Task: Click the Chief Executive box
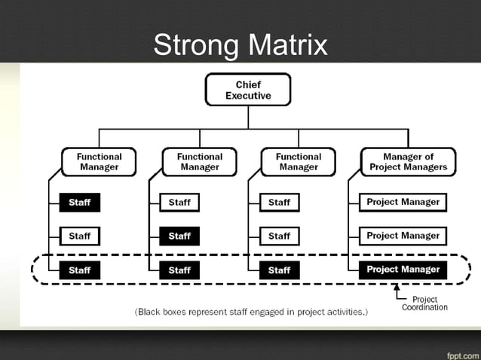(x=248, y=90)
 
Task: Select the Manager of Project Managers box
(x=408, y=162)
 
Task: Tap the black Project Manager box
(x=403, y=270)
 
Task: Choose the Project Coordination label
(x=424, y=304)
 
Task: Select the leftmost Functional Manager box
(x=99, y=162)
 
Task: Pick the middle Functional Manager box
(x=200, y=162)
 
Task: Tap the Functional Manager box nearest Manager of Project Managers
(x=299, y=162)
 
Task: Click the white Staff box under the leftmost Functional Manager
(x=79, y=236)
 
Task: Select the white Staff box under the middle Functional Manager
(x=179, y=203)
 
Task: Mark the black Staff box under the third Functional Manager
(x=279, y=270)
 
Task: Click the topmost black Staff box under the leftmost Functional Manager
(x=79, y=203)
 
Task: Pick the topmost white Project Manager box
(x=403, y=203)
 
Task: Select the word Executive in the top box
(x=248, y=96)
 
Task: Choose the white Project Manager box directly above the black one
(x=403, y=236)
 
